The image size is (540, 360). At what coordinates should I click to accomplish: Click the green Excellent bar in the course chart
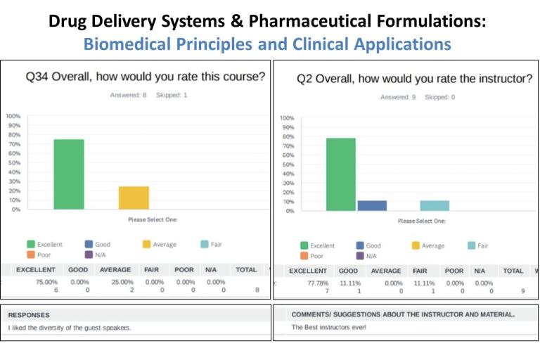[x=69, y=174]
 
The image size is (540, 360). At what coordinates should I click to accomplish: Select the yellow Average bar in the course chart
[x=134, y=198]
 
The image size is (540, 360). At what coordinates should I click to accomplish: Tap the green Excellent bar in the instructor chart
[x=340, y=174]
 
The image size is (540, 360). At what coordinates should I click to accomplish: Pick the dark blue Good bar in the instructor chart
[x=372, y=205]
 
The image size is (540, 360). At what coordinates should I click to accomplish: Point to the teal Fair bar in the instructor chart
[x=435, y=205]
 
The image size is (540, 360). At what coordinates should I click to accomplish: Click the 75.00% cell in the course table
[x=46, y=282]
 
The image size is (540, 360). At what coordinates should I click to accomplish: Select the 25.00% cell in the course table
[x=115, y=282]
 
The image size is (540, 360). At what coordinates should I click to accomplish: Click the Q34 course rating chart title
[x=146, y=77]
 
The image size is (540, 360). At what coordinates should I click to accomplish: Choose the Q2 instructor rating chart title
[x=414, y=79]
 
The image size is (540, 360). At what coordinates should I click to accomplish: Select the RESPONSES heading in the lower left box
[x=29, y=315]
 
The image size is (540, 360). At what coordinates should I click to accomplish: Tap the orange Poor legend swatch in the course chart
[x=31, y=255]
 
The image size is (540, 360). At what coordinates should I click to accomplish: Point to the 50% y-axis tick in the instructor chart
[x=287, y=165]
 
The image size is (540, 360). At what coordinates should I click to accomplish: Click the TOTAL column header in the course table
[x=246, y=269]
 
